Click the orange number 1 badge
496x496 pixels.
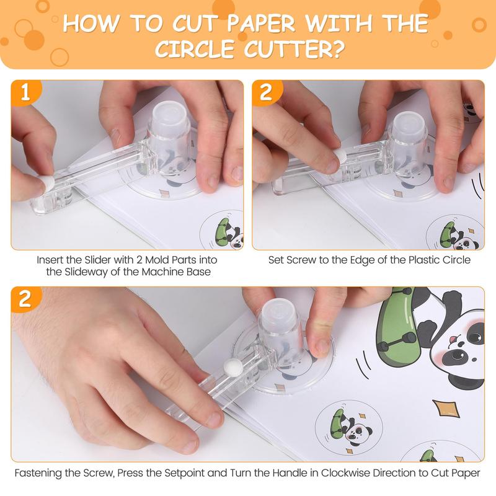(25, 92)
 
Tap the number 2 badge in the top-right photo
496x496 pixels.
(267, 92)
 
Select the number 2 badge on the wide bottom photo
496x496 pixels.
(25, 299)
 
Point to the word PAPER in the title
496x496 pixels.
(261, 23)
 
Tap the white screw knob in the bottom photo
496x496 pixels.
(233, 367)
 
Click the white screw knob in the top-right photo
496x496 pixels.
(339, 157)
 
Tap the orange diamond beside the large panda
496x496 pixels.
(445, 408)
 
